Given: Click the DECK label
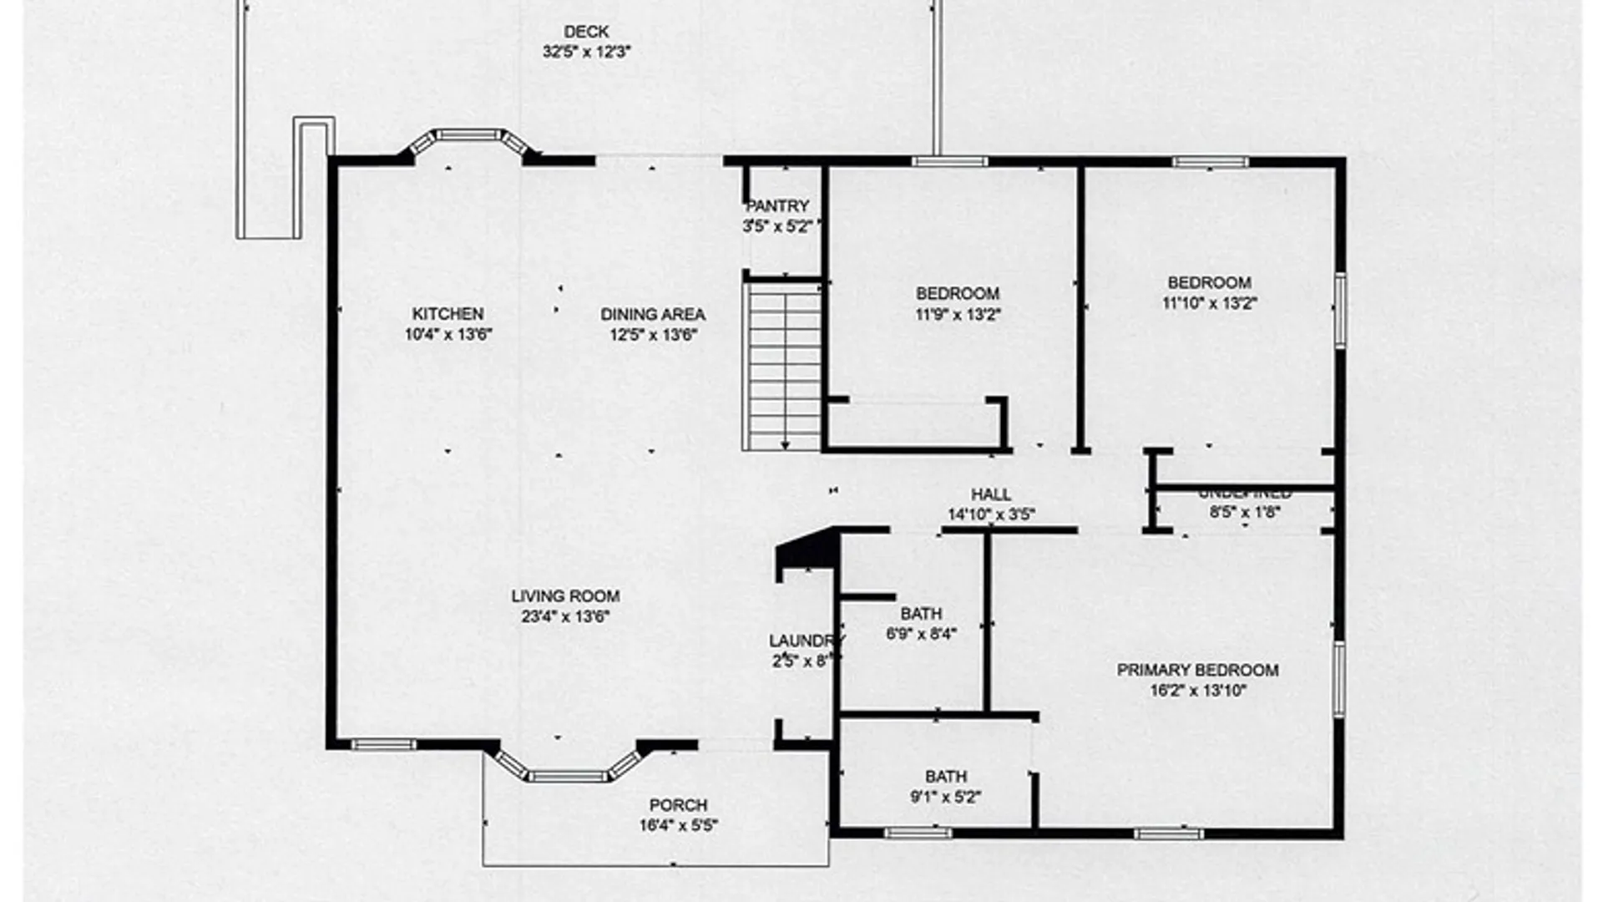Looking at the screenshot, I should pyautogui.click(x=586, y=32).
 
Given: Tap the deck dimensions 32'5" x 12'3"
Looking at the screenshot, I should pyautogui.click(x=586, y=52).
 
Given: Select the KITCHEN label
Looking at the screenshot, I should pyautogui.click(x=448, y=314).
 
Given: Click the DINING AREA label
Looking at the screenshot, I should pyautogui.click(x=653, y=315).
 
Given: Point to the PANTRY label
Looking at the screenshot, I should pyautogui.click(x=777, y=206).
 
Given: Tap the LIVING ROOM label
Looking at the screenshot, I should pyautogui.click(x=565, y=596).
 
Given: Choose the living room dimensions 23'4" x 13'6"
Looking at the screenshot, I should pyautogui.click(x=565, y=617).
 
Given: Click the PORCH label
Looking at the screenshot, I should pyautogui.click(x=678, y=806).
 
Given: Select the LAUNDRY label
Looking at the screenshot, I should pyautogui.click(x=805, y=641).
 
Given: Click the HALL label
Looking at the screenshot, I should pyautogui.click(x=991, y=494).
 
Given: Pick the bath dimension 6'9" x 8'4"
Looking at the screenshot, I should pyautogui.click(x=921, y=634).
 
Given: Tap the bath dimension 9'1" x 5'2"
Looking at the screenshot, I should pyautogui.click(x=945, y=798).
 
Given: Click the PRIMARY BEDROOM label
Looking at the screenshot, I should pyautogui.click(x=1197, y=670).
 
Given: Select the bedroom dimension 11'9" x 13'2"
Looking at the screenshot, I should pyautogui.click(x=957, y=315).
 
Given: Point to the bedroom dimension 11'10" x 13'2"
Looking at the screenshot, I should pyautogui.click(x=1209, y=303).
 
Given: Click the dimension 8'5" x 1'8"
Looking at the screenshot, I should pyautogui.click(x=1244, y=513).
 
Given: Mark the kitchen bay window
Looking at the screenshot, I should pyautogui.click(x=468, y=136).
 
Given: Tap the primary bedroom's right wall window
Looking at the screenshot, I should pyautogui.click(x=1338, y=679).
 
